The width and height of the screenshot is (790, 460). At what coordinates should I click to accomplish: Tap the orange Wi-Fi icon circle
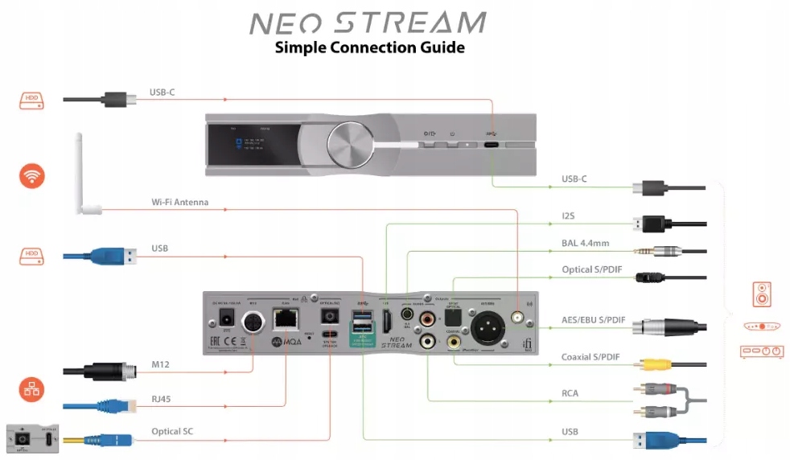tap(32, 176)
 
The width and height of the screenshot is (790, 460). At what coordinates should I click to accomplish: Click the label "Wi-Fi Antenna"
tap(179, 203)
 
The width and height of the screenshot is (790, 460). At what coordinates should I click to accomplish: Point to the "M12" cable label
tap(161, 365)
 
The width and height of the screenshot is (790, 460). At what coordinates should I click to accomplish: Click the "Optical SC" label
tap(172, 432)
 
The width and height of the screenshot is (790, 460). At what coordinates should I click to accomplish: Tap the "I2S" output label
tap(569, 216)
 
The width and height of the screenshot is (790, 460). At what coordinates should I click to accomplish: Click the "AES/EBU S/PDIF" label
tap(594, 320)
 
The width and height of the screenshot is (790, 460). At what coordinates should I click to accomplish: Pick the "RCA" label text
tap(570, 393)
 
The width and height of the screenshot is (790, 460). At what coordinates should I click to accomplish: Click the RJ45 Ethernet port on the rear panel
tap(284, 319)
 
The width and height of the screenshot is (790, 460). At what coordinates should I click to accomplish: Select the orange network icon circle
tap(32, 391)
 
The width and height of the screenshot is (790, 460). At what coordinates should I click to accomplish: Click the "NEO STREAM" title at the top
tap(368, 23)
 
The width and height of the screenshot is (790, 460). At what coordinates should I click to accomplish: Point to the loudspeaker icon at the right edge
tap(761, 294)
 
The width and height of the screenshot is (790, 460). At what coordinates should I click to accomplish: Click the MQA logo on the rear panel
tap(286, 342)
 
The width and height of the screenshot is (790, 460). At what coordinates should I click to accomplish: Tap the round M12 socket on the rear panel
tap(253, 320)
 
